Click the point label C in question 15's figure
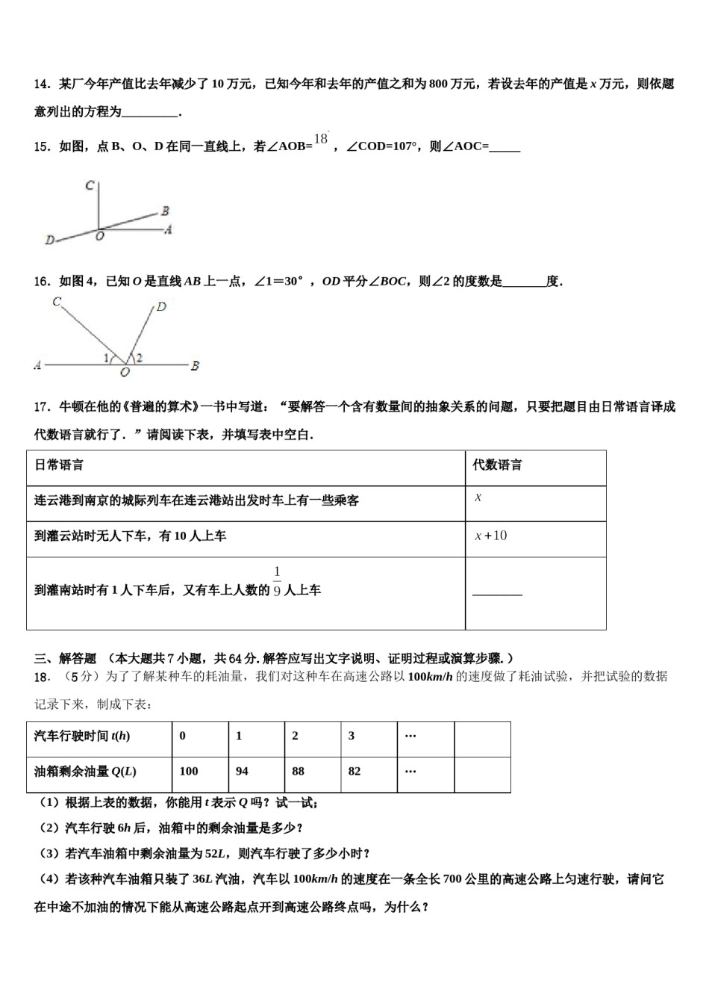tap(89, 185)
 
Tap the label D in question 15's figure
tap(49, 241)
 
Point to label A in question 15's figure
tap(168, 229)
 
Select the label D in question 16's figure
tap(161, 306)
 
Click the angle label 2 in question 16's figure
tap(140, 359)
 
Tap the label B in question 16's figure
tap(195, 366)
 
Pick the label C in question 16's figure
tap(57, 302)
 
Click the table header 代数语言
tap(497, 465)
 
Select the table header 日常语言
tap(59, 465)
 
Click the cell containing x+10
tap(491, 536)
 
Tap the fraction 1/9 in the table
tap(277, 583)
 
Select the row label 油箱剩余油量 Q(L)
tap(85, 771)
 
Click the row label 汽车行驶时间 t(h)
tap(82, 736)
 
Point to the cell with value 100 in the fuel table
tap(189, 771)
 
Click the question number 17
tap(42, 407)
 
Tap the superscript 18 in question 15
tap(321, 138)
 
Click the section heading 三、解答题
tap(66, 658)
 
